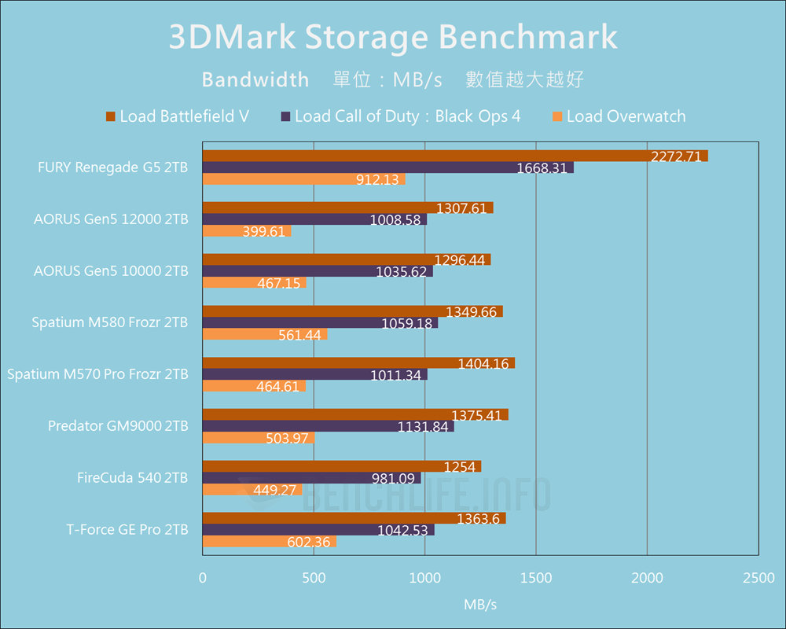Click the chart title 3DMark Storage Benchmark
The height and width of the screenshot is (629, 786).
click(393, 38)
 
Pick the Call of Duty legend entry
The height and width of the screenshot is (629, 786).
click(400, 116)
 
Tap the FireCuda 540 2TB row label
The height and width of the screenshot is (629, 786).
click(132, 478)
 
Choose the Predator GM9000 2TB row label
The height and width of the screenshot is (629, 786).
click(118, 426)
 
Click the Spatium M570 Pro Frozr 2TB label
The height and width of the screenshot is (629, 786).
click(97, 374)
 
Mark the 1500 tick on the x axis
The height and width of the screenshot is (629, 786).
click(536, 578)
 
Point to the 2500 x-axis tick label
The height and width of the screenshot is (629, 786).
click(758, 578)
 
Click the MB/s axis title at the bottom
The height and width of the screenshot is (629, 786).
click(480, 605)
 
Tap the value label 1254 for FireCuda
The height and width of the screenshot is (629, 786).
click(460, 467)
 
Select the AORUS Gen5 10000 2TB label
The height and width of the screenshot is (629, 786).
click(111, 270)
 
